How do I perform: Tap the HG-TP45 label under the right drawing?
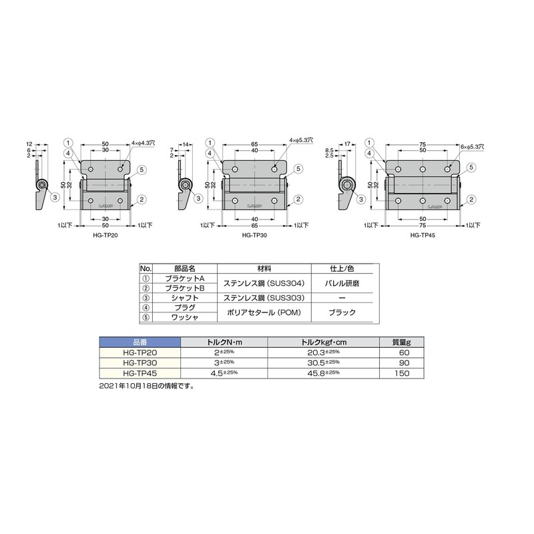point(423,235)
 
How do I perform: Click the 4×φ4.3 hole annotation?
point(143,143)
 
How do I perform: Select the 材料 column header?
point(265,268)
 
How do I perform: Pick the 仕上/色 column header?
point(342,268)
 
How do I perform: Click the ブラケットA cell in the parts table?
point(183,278)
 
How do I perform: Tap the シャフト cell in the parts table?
point(182,299)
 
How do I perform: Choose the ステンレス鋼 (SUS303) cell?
point(265,299)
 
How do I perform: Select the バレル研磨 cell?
point(342,283)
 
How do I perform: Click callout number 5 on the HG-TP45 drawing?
point(472,167)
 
